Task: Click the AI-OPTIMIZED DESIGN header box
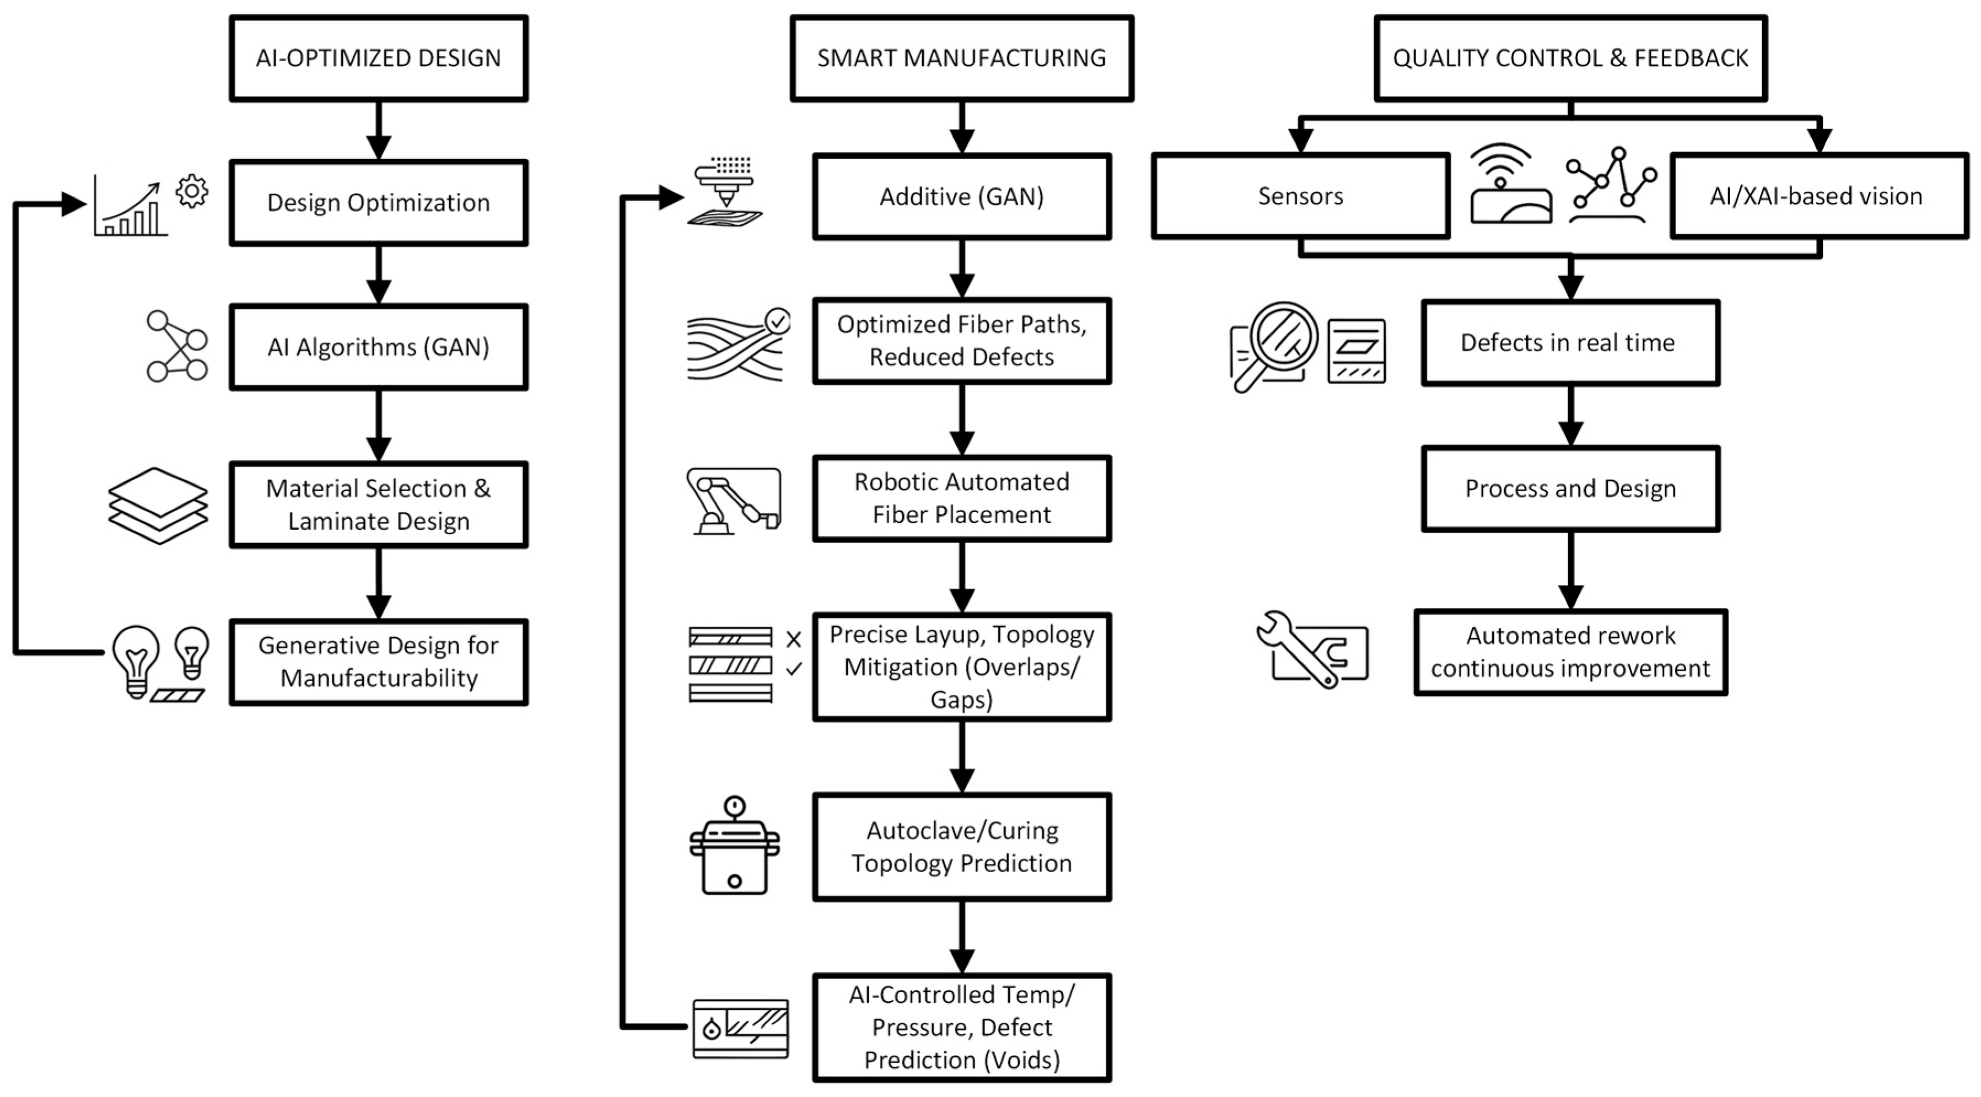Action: click(x=378, y=58)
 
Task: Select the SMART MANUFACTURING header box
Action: click(x=961, y=58)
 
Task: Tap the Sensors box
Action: click(x=1300, y=196)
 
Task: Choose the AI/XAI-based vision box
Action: click(x=1818, y=196)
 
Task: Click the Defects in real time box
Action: click(x=1570, y=342)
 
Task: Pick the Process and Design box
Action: click(x=1570, y=488)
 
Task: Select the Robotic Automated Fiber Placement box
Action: click(x=961, y=498)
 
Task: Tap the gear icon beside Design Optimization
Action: click(x=191, y=191)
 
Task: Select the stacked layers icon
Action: click(x=158, y=506)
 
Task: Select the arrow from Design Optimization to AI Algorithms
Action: click(x=378, y=275)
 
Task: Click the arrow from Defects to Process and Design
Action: click(x=1570, y=416)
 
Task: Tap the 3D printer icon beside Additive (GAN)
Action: click(x=725, y=192)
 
